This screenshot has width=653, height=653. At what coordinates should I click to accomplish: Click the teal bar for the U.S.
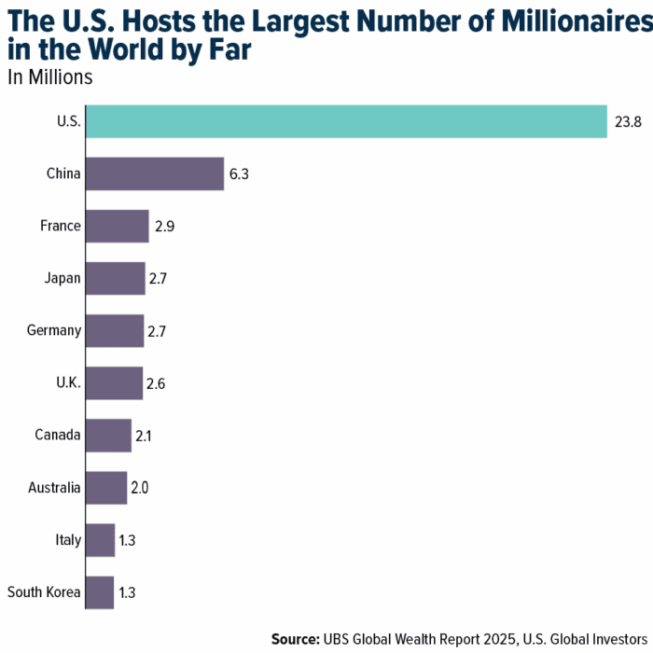coord(346,121)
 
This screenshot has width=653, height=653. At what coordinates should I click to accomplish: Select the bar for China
coord(155,174)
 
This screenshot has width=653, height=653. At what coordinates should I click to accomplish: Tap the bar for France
coord(118,226)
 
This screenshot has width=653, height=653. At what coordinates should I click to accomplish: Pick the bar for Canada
coord(108,435)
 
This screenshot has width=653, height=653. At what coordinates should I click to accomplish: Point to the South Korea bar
coord(100,591)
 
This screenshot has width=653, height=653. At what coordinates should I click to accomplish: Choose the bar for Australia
coord(106,487)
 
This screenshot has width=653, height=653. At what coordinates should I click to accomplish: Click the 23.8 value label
coord(627,121)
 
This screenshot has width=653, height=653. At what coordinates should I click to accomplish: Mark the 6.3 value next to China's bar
coord(241,174)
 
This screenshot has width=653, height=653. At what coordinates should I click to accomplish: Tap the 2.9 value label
coord(166,226)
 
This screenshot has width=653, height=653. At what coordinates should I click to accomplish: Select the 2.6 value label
coord(160,382)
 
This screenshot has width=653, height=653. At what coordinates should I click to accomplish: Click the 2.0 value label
coord(143,487)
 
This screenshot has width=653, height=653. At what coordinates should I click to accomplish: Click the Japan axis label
coord(63,278)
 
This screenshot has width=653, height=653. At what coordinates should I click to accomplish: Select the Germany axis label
coord(55,330)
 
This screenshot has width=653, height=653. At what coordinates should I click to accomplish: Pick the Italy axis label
coord(68,539)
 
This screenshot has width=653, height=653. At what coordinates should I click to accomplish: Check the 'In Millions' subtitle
coord(50,77)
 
